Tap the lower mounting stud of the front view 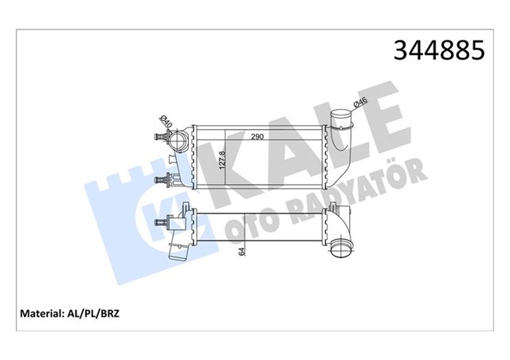coord(170,180)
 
